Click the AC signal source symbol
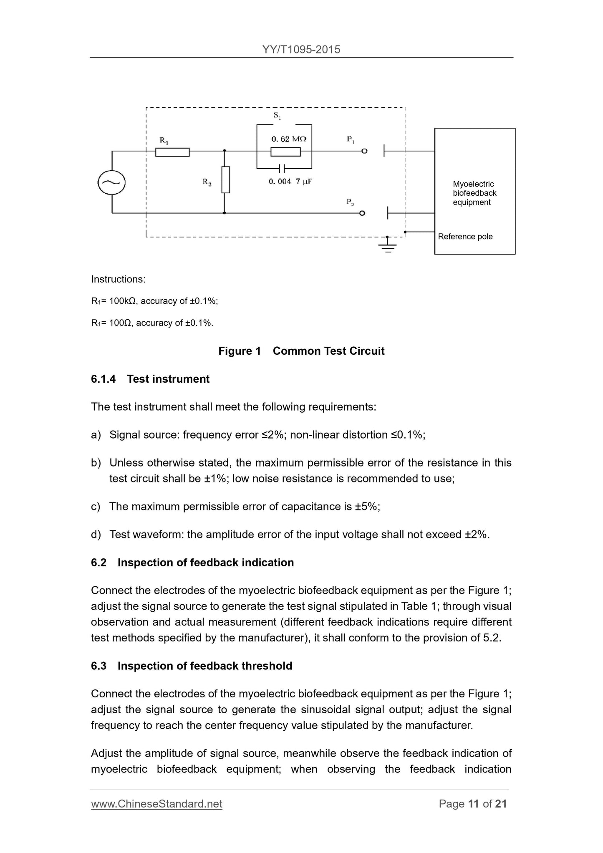click(111, 182)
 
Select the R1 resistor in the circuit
click(172, 152)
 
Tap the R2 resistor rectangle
click(225, 179)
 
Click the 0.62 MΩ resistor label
click(289, 139)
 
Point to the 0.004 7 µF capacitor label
click(290, 182)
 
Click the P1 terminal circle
click(364, 151)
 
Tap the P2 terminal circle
click(362, 213)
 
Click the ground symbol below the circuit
click(388, 247)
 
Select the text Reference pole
click(465, 237)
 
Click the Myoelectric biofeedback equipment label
click(474, 193)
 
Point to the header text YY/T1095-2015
click(301, 50)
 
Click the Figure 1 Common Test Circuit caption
click(301, 351)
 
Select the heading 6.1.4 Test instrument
click(150, 379)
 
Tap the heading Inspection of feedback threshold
click(204, 666)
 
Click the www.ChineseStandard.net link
click(156, 804)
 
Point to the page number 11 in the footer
click(473, 804)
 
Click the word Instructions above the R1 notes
click(118, 279)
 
